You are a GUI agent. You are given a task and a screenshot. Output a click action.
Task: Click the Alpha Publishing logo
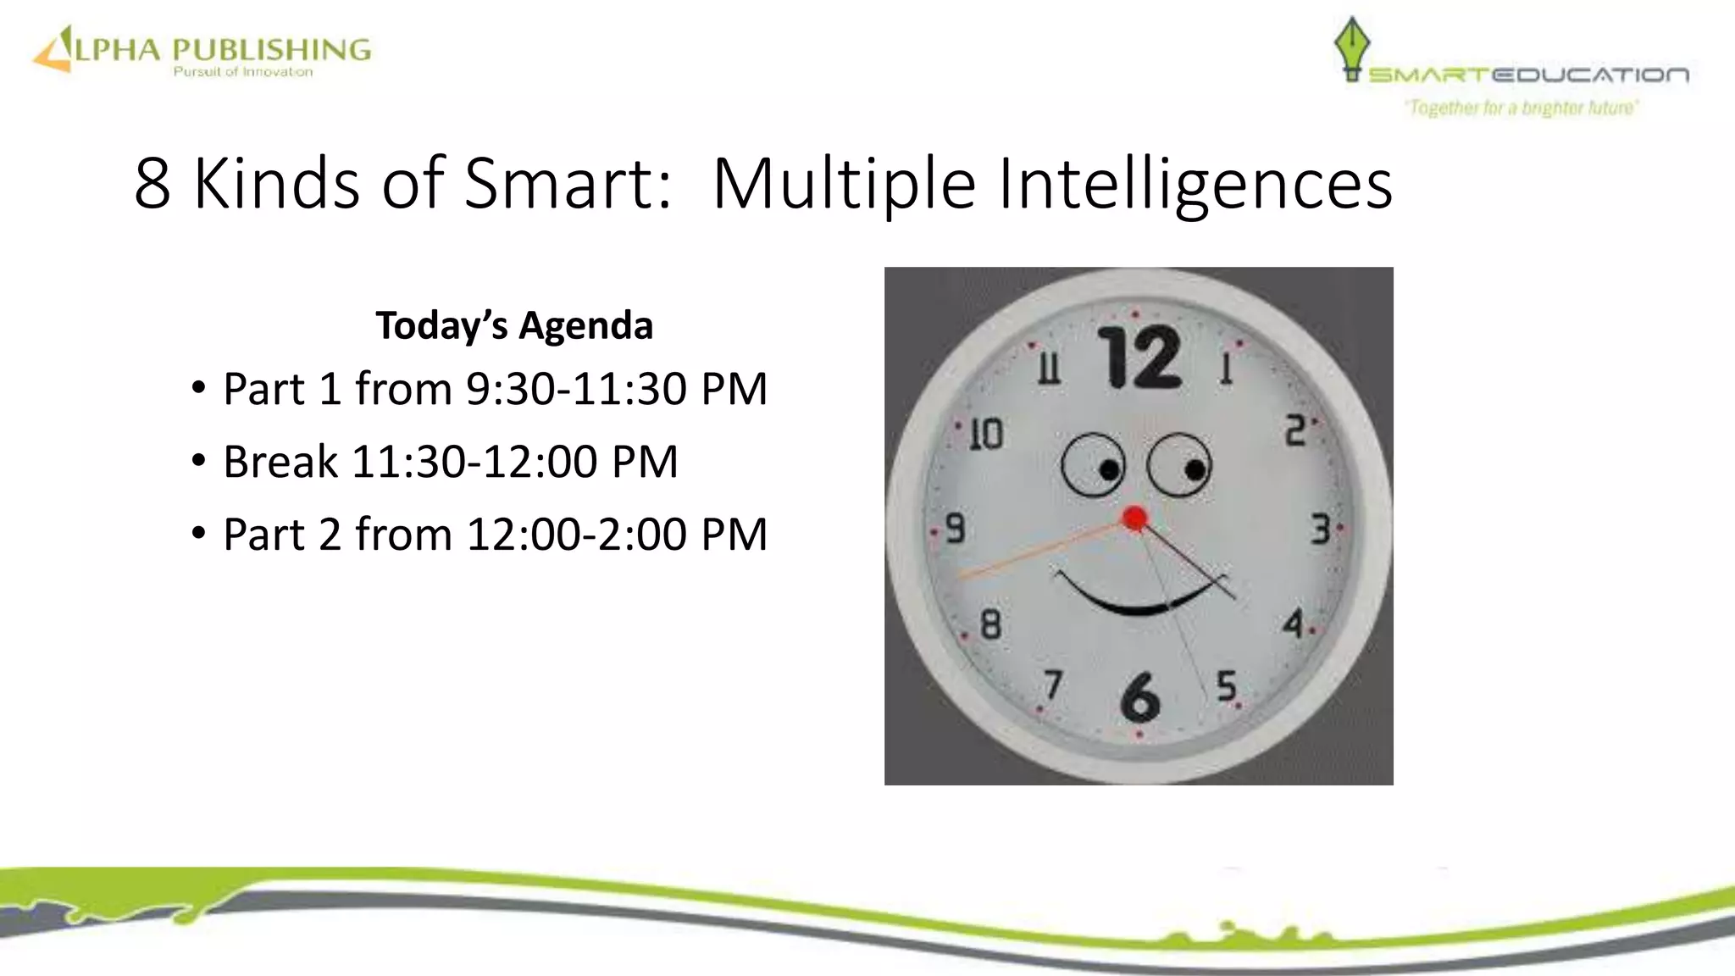click(x=202, y=51)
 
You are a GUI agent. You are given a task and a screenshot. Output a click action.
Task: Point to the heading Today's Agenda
click(x=514, y=325)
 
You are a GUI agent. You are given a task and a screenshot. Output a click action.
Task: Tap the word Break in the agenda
click(x=280, y=462)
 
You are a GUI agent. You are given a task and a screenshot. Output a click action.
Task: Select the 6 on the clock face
click(x=1139, y=696)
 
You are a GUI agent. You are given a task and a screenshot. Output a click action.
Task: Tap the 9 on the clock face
click(x=955, y=529)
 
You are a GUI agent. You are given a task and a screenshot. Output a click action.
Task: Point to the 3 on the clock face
click(x=1320, y=529)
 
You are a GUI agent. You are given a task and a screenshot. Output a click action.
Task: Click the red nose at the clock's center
click(x=1135, y=518)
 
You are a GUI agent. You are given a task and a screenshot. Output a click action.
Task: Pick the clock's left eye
click(x=1093, y=465)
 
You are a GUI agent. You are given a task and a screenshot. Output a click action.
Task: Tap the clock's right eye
click(x=1179, y=465)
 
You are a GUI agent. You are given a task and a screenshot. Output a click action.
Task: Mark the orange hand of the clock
click(x=1042, y=550)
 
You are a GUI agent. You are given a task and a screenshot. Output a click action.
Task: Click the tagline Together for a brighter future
click(x=1522, y=108)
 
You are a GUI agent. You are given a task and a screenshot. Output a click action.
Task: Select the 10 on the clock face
click(x=985, y=434)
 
